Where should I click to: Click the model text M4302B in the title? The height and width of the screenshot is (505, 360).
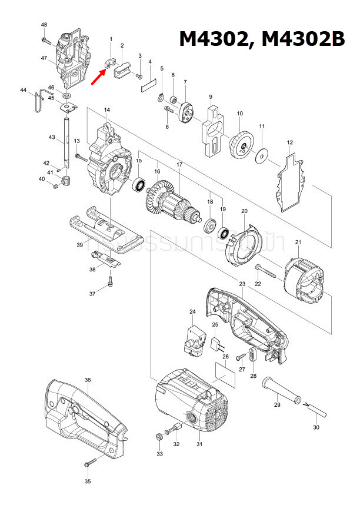(302, 39)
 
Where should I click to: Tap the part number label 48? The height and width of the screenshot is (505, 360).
(44, 25)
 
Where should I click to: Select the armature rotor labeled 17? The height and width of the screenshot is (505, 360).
(171, 203)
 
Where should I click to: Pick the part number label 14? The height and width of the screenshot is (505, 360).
(107, 110)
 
